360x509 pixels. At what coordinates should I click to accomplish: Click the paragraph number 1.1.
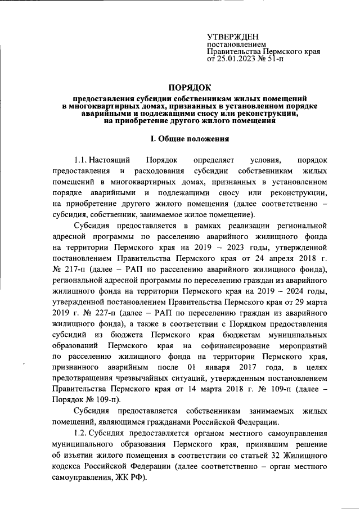(x=81, y=161)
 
